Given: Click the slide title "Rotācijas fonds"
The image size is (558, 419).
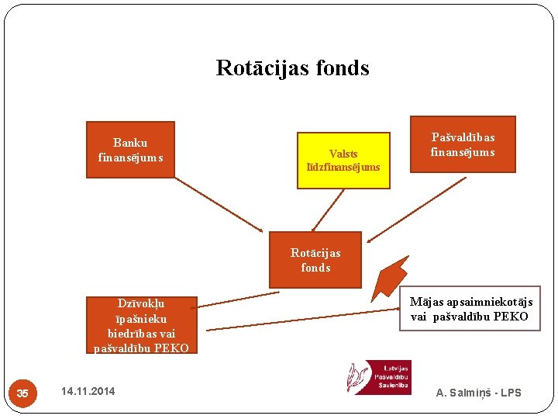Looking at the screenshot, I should pos(292,68).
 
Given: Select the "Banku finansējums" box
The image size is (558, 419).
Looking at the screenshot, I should pos(130,150).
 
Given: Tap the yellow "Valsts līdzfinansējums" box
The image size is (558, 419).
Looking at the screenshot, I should pos(343,161).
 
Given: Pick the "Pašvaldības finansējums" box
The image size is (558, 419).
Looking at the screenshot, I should pos(463,144).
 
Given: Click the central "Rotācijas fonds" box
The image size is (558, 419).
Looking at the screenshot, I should pos(315,260).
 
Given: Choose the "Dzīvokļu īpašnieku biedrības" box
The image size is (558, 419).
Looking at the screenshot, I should pos(141,325).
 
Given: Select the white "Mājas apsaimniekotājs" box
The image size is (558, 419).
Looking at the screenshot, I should pos(470,309).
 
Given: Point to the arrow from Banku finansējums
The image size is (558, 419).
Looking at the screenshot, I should pos(219,204).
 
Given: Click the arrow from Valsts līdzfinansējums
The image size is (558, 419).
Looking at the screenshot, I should pos(328,210).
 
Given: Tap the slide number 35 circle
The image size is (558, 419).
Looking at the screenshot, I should pos(22,393).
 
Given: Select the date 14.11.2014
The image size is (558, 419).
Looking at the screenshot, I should pos(88,391).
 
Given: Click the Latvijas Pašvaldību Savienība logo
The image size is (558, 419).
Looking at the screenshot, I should pos(378,377).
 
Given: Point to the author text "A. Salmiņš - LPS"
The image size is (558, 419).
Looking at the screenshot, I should pos(478,393).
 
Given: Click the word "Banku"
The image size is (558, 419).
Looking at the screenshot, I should pos(130,143).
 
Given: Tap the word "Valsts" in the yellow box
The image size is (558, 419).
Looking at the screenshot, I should pos(343,154).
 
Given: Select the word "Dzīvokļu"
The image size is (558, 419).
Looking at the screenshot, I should pos(141,303).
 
